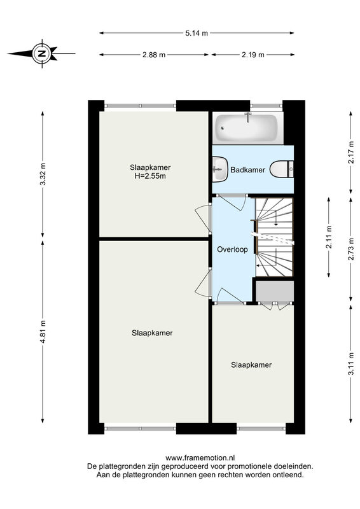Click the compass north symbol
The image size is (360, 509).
point(41,53)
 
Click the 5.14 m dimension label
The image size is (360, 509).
point(197,33)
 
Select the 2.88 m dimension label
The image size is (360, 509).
point(154,55)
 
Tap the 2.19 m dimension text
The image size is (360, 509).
point(253,55)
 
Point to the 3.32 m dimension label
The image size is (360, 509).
point(43,174)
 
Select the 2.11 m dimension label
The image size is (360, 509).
point(329,237)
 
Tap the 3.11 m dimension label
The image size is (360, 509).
point(351,364)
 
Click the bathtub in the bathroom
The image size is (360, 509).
point(247,128)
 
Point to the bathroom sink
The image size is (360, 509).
point(220,169)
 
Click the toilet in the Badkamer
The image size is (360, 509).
point(282,169)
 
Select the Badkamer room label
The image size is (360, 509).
point(247,170)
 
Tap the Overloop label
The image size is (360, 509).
point(232,249)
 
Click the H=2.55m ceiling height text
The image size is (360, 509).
point(150,176)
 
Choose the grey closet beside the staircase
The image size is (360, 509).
point(275,291)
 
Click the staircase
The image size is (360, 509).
point(274,237)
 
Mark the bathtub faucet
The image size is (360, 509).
point(248,116)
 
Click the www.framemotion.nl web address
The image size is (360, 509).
point(200,458)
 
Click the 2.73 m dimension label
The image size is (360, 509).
point(351,249)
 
